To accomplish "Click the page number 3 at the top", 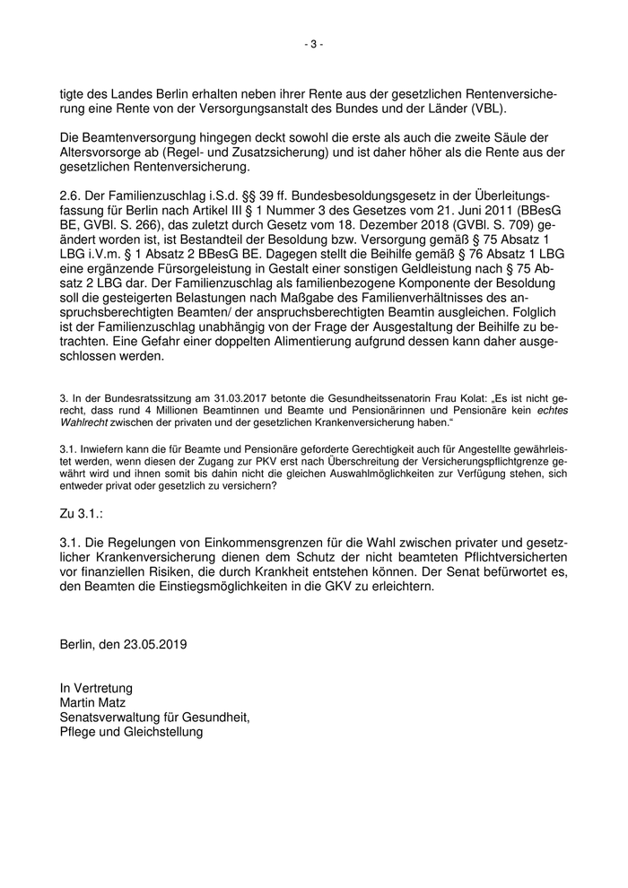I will click(x=314, y=43).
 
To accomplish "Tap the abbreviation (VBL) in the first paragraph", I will click(x=485, y=109).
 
